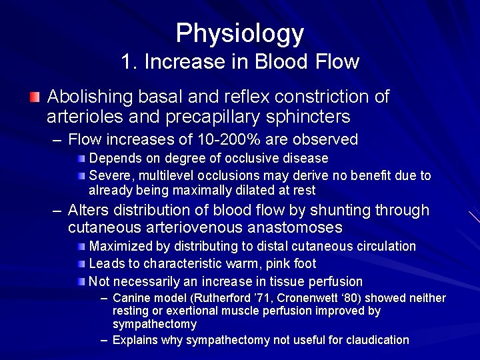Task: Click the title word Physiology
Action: (x=239, y=33)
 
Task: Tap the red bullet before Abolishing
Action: (x=35, y=97)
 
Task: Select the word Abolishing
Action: (x=90, y=97)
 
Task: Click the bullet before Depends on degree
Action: (x=80, y=159)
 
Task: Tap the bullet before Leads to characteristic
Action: (x=80, y=264)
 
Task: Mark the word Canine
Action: (x=131, y=298)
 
